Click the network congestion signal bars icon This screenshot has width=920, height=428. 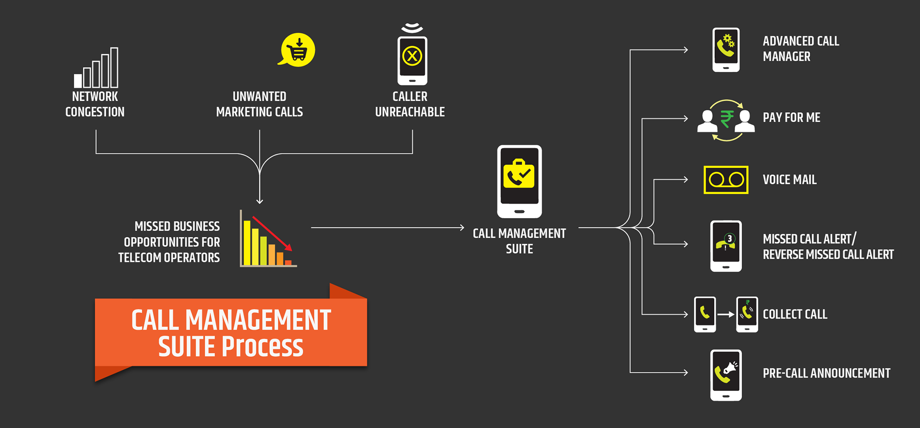click(96, 68)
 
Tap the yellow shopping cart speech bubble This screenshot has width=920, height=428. click(297, 50)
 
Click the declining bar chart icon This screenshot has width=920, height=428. click(268, 239)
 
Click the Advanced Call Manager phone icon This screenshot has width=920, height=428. click(726, 50)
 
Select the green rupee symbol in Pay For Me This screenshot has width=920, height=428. click(726, 119)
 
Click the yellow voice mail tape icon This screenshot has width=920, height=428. click(726, 180)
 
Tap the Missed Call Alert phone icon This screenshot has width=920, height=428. click(726, 246)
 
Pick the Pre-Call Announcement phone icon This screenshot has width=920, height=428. click(726, 375)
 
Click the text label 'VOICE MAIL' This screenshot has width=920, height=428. click(789, 180)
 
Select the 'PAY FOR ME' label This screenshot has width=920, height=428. click(791, 117)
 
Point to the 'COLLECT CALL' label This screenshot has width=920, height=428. click(795, 314)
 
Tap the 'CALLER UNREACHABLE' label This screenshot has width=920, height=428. click(410, 104)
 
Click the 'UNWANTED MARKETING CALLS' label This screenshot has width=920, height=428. click(259, 104)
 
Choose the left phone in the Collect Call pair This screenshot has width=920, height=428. click(705, 314)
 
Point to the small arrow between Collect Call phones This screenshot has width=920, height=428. click(726, 314)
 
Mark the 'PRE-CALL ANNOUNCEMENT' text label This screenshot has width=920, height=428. click(826, 373)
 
